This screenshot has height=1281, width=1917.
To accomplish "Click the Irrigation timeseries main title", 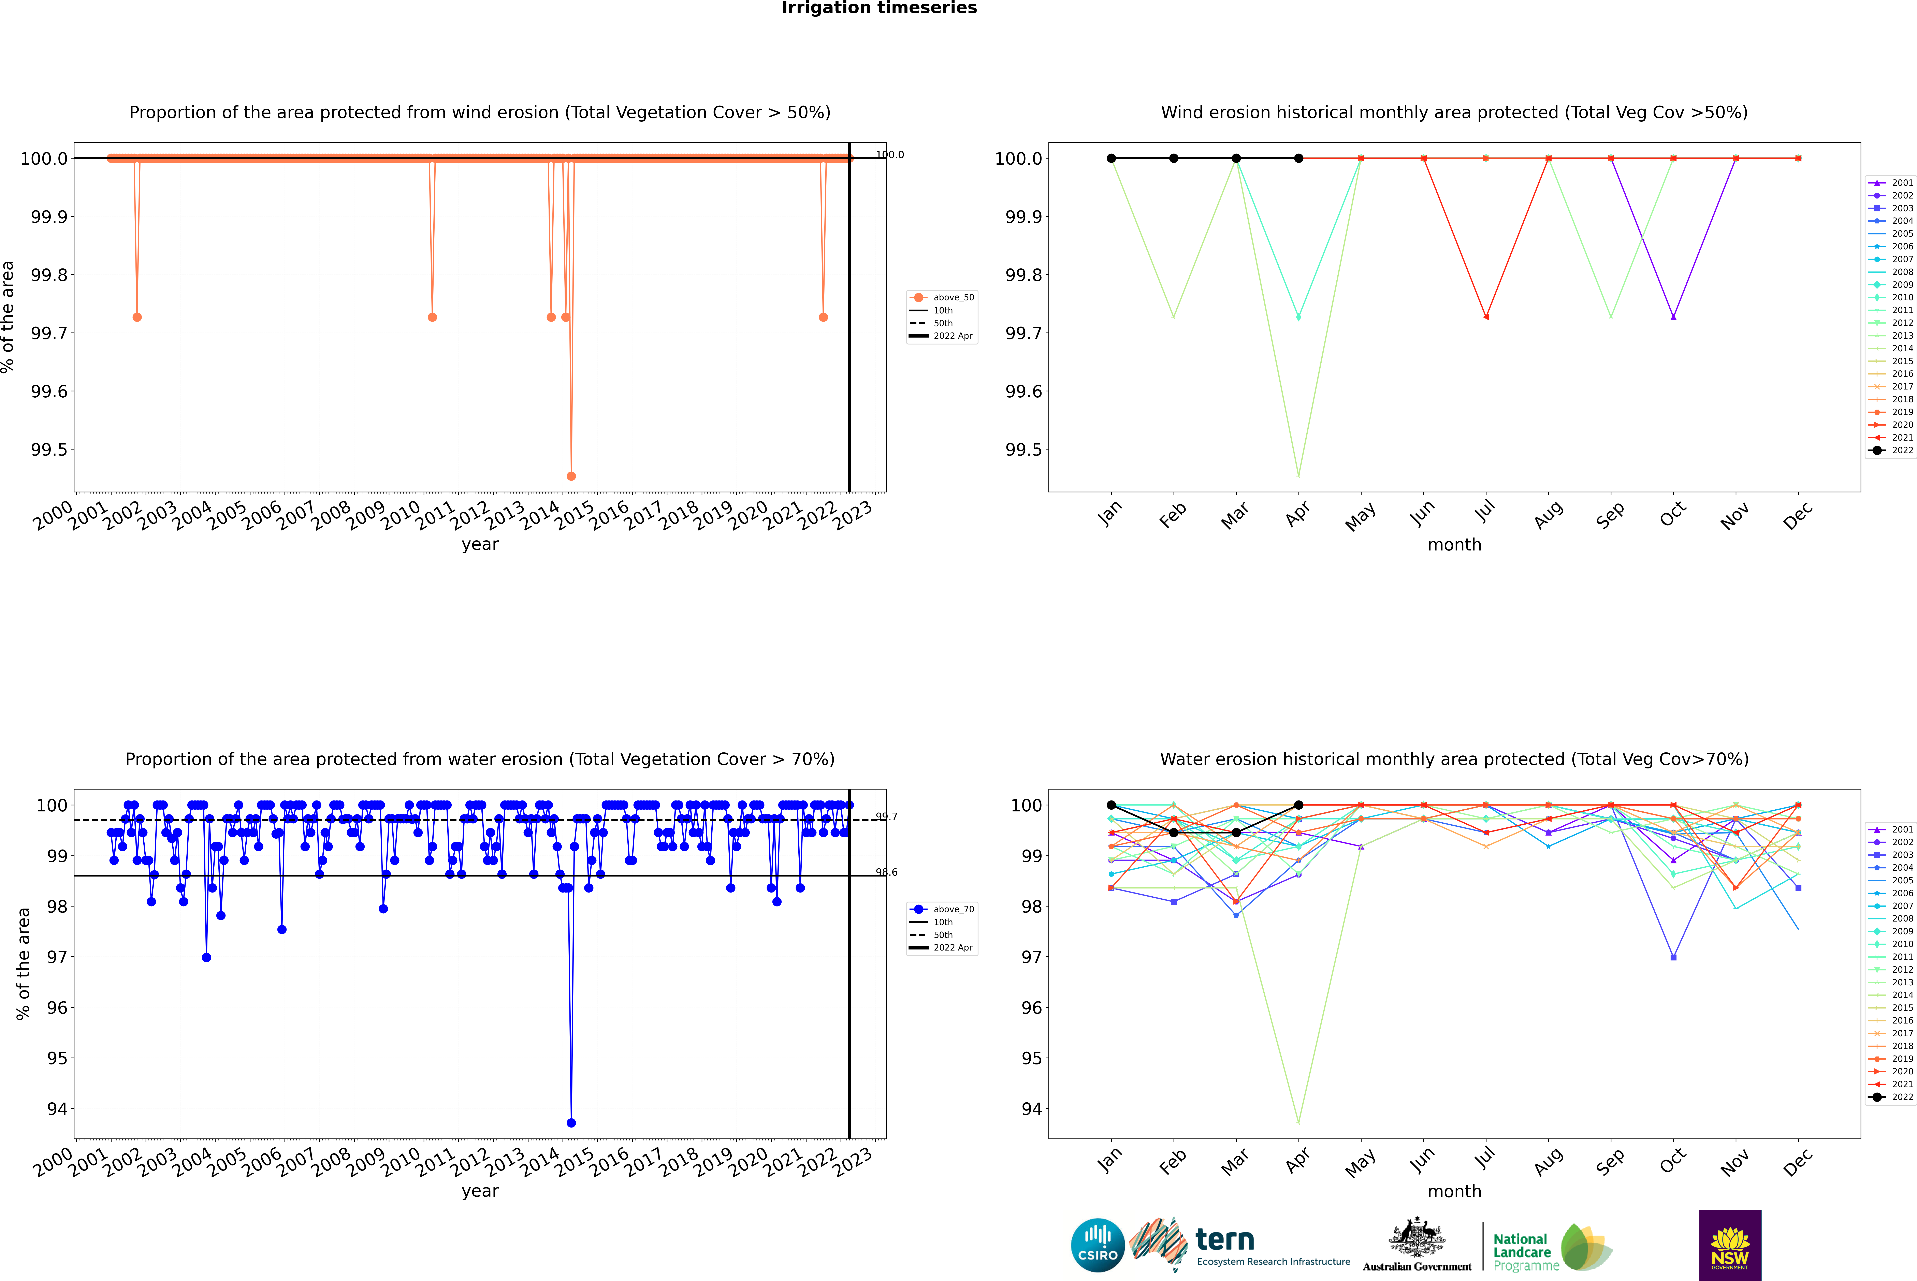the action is click(879, 8).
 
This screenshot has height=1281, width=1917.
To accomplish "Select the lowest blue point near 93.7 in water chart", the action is click(571, 1122).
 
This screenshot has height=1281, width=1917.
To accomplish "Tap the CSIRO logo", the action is click(1098, 1245).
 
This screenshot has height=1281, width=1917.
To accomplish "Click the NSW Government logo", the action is click(1730, 1245).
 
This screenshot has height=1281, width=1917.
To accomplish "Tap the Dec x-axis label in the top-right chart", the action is click(1798, 516).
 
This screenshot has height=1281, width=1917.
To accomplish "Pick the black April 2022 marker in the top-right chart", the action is click(1298, 159).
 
